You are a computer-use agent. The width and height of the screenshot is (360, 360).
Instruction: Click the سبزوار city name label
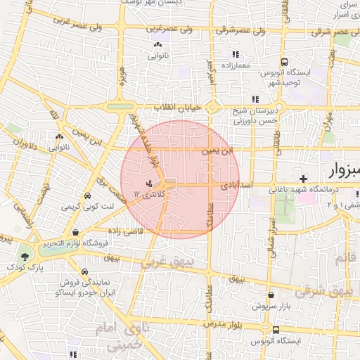click(x=341, y=171)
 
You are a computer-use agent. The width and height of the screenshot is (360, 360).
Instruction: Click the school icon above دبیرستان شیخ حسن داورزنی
click(x=255, y=99)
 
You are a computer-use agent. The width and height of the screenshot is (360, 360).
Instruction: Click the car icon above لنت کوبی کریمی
click(x=87, y=196)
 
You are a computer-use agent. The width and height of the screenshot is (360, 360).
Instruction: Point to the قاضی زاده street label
click(x=126, y=231)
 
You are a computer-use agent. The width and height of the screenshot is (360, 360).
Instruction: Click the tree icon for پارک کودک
click(x=26, y=257)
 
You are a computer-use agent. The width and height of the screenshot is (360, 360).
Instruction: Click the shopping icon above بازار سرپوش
click(x=271, y=296)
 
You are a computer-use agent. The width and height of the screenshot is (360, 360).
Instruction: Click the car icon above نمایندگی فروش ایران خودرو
click(x=84, y=271)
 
